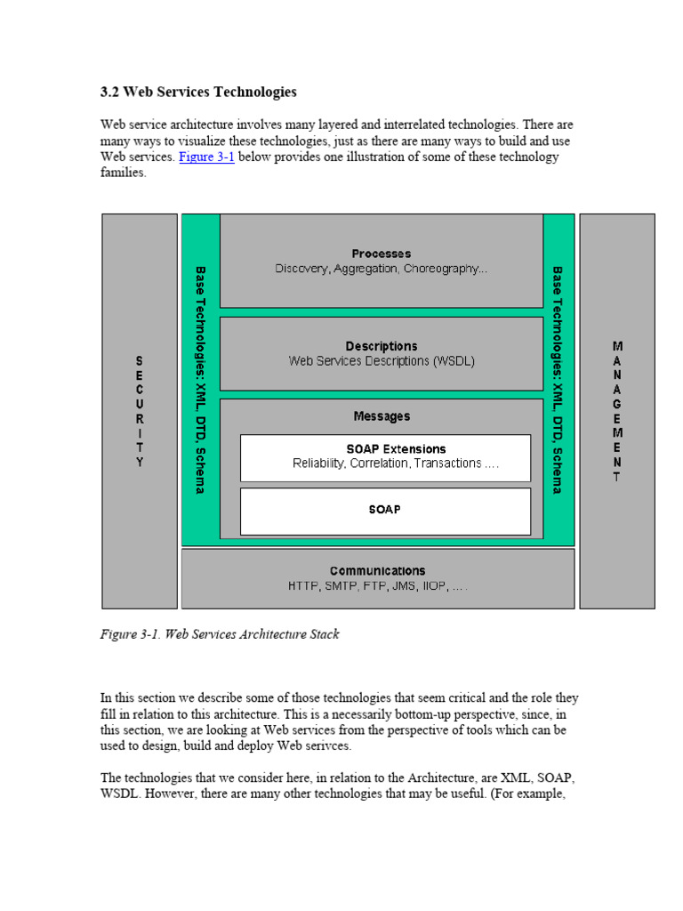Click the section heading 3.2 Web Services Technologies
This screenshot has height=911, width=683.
click(198, 92)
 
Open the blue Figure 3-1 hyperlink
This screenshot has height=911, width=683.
click(206, 157)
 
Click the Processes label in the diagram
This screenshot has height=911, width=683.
click(381, 254)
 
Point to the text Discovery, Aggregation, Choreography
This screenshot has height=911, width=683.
click(381, 269)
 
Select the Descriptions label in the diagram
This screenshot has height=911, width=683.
click(381, 346)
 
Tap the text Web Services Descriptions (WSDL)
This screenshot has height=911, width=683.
click(381, 361)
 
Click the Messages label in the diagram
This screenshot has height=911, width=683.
click(382, 416)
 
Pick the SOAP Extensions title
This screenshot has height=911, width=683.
click(384, 449)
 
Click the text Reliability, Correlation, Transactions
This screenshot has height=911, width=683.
click(384, 464)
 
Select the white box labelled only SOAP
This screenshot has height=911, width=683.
click(384, 511)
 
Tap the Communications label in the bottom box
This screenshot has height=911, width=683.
click(377, 571)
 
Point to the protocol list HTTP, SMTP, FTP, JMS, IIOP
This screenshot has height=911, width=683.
click(377, 586)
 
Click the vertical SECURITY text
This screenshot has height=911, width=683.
click(139, 412)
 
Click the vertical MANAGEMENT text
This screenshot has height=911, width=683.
click(617, 410)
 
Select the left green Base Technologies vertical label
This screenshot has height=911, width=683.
click(200, 380)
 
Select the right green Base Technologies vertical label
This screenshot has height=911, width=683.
click(558, 380)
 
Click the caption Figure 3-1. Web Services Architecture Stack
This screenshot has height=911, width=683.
click(219, 634)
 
